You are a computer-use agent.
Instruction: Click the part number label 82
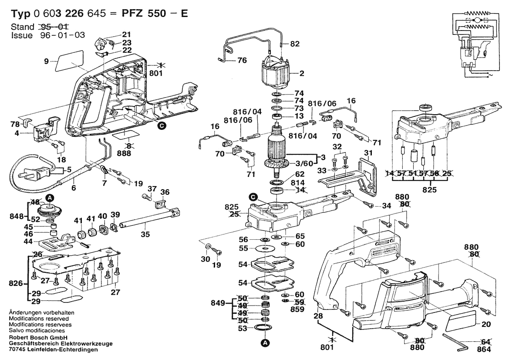click(295, 44)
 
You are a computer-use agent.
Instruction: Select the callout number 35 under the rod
click(145, 234)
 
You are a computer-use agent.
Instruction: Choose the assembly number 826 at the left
click(16, 284)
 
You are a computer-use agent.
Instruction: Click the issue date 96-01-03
click(60, 35)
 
